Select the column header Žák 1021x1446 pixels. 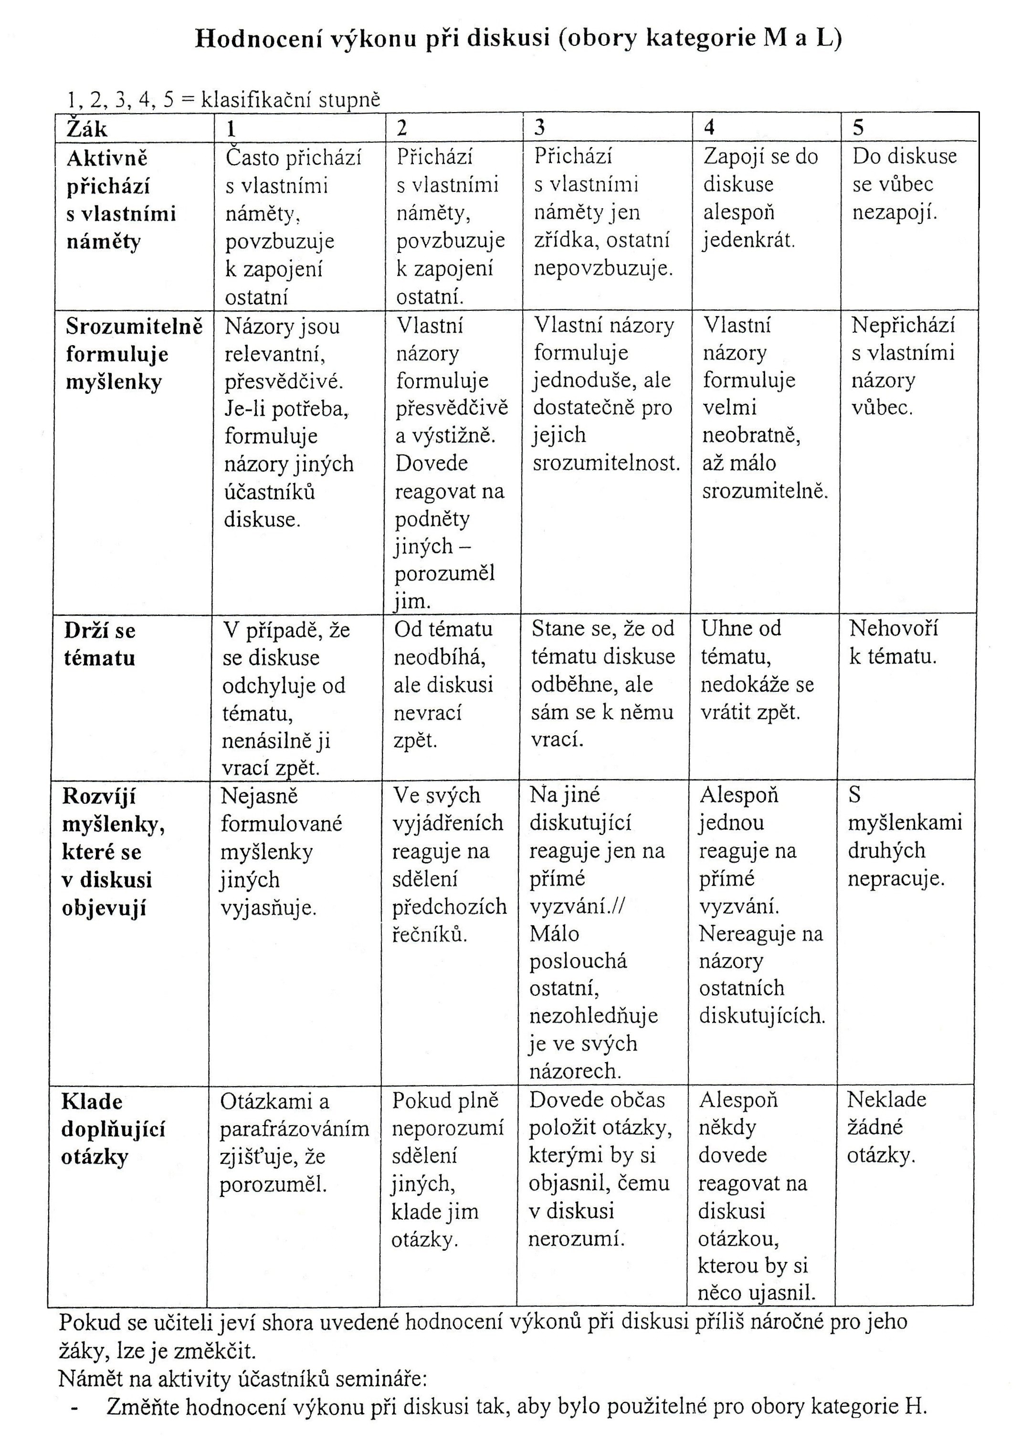87,129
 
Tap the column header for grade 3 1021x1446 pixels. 540,128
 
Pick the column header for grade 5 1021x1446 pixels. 858,128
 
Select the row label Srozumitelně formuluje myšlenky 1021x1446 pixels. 134,354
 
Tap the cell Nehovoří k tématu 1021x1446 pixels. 893,643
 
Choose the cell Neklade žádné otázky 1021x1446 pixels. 886,1127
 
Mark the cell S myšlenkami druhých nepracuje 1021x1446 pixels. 905,837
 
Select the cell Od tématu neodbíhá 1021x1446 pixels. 443,685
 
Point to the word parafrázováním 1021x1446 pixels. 294,1129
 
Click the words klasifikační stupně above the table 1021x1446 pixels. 290,100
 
